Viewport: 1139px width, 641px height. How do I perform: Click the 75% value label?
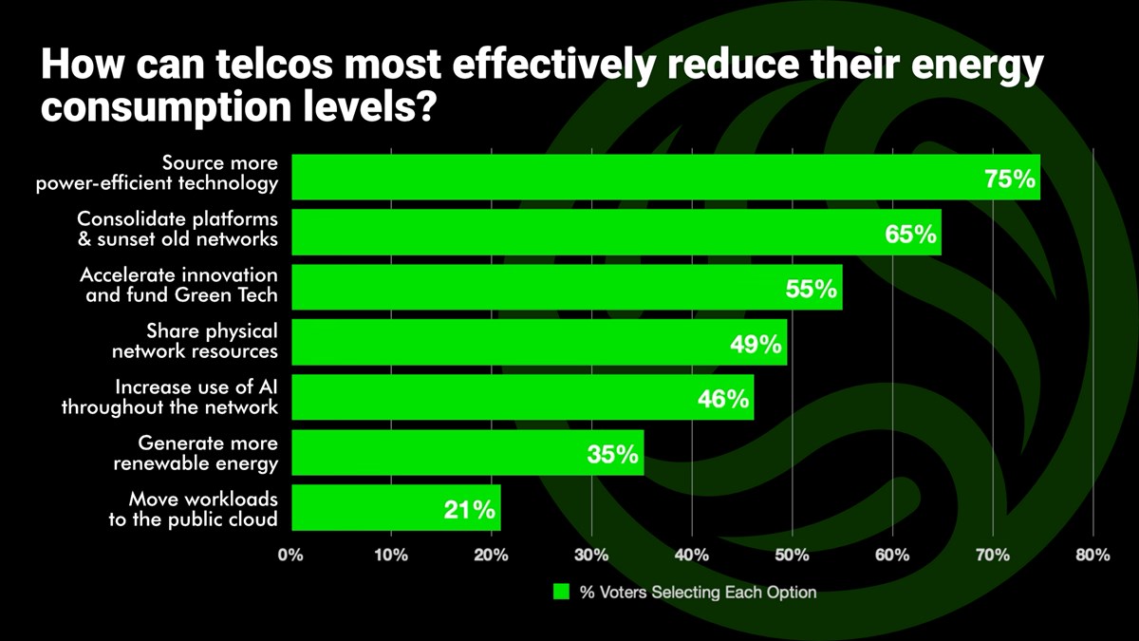[x=1010, y=179]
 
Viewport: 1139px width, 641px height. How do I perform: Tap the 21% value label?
[x=469, y=510]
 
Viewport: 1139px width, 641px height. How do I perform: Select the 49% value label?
[x=756, y=344]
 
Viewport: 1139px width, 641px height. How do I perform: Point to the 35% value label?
[x=612, y=455]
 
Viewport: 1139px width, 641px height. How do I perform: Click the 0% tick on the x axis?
[x=290, y=556]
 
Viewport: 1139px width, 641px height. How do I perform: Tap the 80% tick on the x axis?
[x=1092, y=556]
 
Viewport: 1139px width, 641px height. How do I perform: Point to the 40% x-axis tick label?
[x=692, y=556]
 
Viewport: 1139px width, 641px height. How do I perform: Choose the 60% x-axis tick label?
[x=892, y=556]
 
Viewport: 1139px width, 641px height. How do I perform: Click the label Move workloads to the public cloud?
[x=193, y=508]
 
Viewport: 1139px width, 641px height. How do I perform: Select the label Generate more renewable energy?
[x=196, y=453]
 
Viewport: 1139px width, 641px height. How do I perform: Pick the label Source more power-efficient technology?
[x=157, y=174]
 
